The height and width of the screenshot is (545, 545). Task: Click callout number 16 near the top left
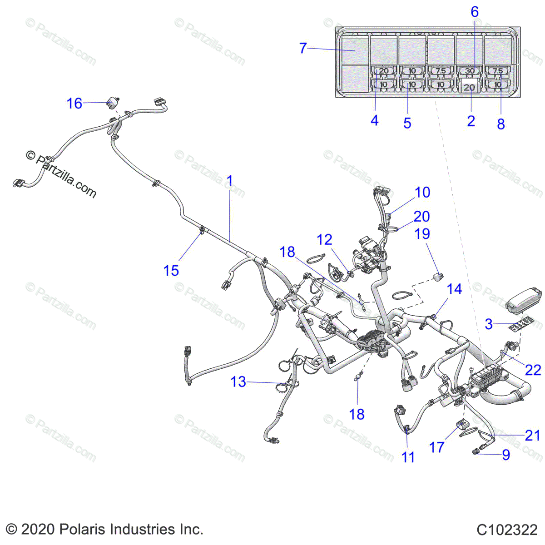(74, 104)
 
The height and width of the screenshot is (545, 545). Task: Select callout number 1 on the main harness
(229, 181)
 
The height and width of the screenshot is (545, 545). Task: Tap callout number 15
(171, 271)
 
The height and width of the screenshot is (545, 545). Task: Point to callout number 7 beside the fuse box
(303, 48)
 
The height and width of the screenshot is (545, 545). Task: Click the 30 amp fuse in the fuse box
(470, 71)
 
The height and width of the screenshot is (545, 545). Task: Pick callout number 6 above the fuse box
(475, 12)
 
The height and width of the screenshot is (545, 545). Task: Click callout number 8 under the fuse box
(501, 124)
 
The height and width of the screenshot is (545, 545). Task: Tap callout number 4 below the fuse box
(374, 120)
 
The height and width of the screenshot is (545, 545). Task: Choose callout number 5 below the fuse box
(407, 123)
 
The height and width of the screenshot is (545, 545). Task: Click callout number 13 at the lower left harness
(238, 381)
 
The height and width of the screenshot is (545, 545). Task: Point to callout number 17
(436, 447)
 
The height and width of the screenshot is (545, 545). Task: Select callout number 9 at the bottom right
(506, 455)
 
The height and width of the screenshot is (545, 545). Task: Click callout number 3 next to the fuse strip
(489, 324)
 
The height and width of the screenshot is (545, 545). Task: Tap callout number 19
(422, 233)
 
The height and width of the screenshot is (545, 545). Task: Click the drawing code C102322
(507, 530)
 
